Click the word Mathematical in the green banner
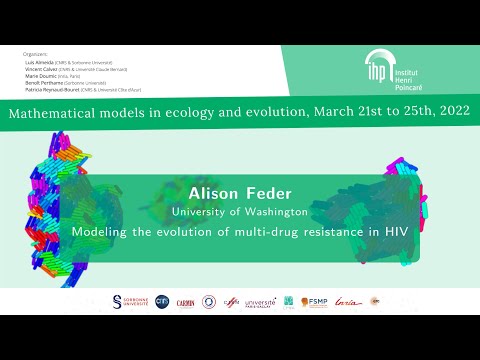tap(56, 114)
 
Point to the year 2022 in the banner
tap(449, 114)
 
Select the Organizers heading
tap(34, 52)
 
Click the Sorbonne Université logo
tap(131, 301)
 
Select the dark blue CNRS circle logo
tap(162, 301)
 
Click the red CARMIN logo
tap(185, 301)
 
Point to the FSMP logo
tap(315, 301)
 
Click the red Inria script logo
tap(345, 301)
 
